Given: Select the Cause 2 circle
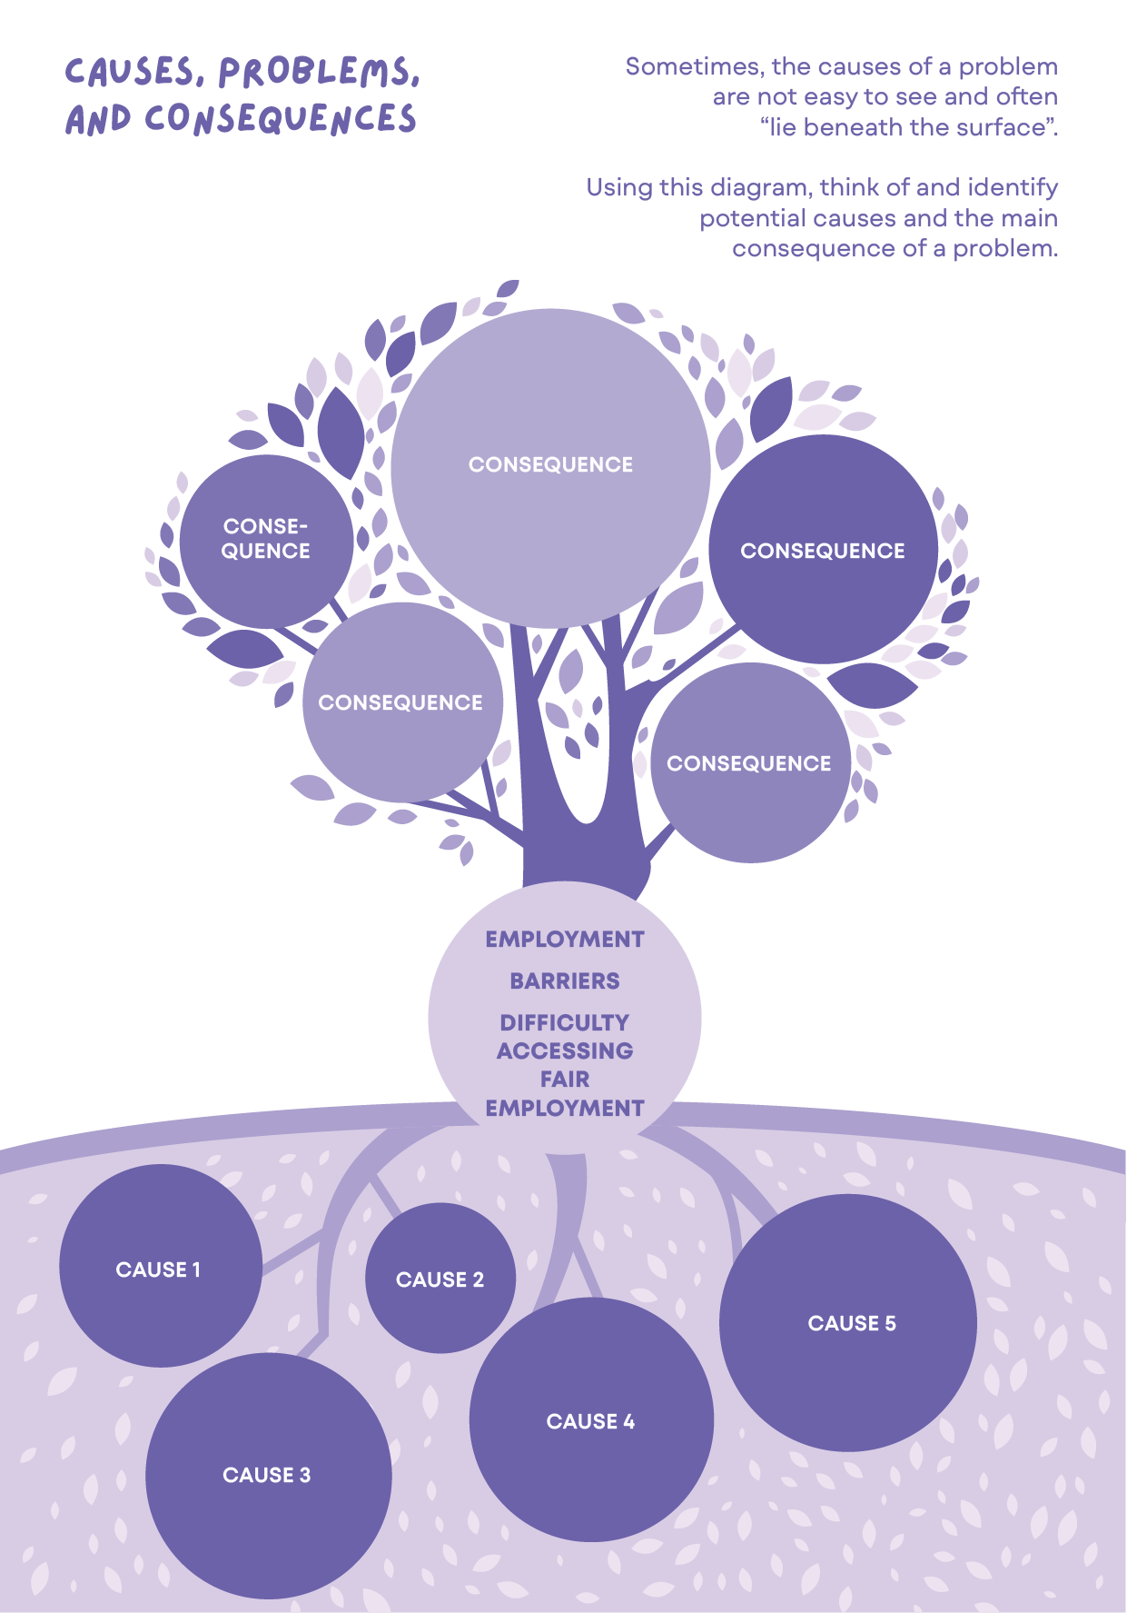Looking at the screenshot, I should point(440,1279).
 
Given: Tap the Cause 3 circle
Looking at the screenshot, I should point(268,1475).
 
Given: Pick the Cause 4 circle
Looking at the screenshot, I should point(591,1420).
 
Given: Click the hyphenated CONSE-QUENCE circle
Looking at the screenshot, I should point(266,540).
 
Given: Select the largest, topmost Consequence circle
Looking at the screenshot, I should point(550,465).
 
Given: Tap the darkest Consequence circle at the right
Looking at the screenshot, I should point(823,551).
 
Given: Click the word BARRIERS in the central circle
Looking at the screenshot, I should point(565,981).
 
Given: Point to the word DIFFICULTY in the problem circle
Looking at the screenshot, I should point(565,1023).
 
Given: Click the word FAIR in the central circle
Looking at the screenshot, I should point(565,1080).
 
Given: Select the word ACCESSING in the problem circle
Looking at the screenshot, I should point(565,1051).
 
